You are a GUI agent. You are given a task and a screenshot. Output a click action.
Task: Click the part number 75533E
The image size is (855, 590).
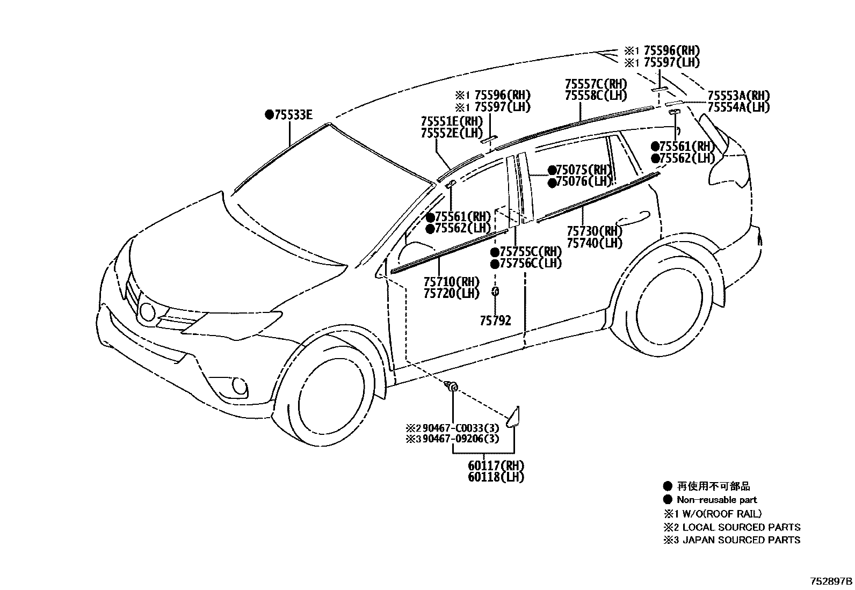[x=293, y=114]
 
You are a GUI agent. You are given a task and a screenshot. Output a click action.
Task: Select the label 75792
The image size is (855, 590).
[x=495, y=321]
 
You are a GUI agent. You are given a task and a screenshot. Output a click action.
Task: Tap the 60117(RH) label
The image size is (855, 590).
[x=496, y=465]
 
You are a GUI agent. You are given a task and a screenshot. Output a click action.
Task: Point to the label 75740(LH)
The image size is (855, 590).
[x=595, y=243]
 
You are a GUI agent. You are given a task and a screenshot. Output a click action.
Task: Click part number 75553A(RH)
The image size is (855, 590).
[x=738, y=96]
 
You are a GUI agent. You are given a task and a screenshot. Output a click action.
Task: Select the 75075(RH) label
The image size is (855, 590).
[x=584, y=170]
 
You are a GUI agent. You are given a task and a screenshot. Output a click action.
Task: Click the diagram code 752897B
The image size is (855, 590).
[x=831, y=581]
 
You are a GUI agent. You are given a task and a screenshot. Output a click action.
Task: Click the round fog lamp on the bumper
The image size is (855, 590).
[x=239, y=386]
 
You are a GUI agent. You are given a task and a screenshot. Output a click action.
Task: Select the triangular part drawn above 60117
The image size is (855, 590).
[x=515, y=417]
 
